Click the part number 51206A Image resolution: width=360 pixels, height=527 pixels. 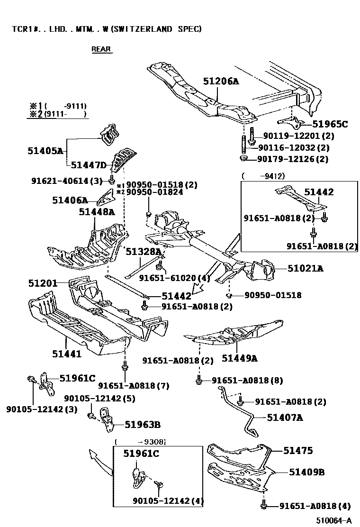(221, 81)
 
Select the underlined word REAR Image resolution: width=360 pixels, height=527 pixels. (101, 49)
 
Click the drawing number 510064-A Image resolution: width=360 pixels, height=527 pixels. (334, 520)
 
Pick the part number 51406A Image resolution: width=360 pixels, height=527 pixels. (70, 200)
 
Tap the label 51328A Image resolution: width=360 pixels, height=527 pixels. (144, 252)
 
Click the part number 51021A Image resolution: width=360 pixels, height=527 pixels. (305, 269)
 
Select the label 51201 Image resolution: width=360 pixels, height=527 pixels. (43, 283)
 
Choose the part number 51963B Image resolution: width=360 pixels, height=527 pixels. (143, 425)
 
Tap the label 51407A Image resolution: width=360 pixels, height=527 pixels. (285, 418)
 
